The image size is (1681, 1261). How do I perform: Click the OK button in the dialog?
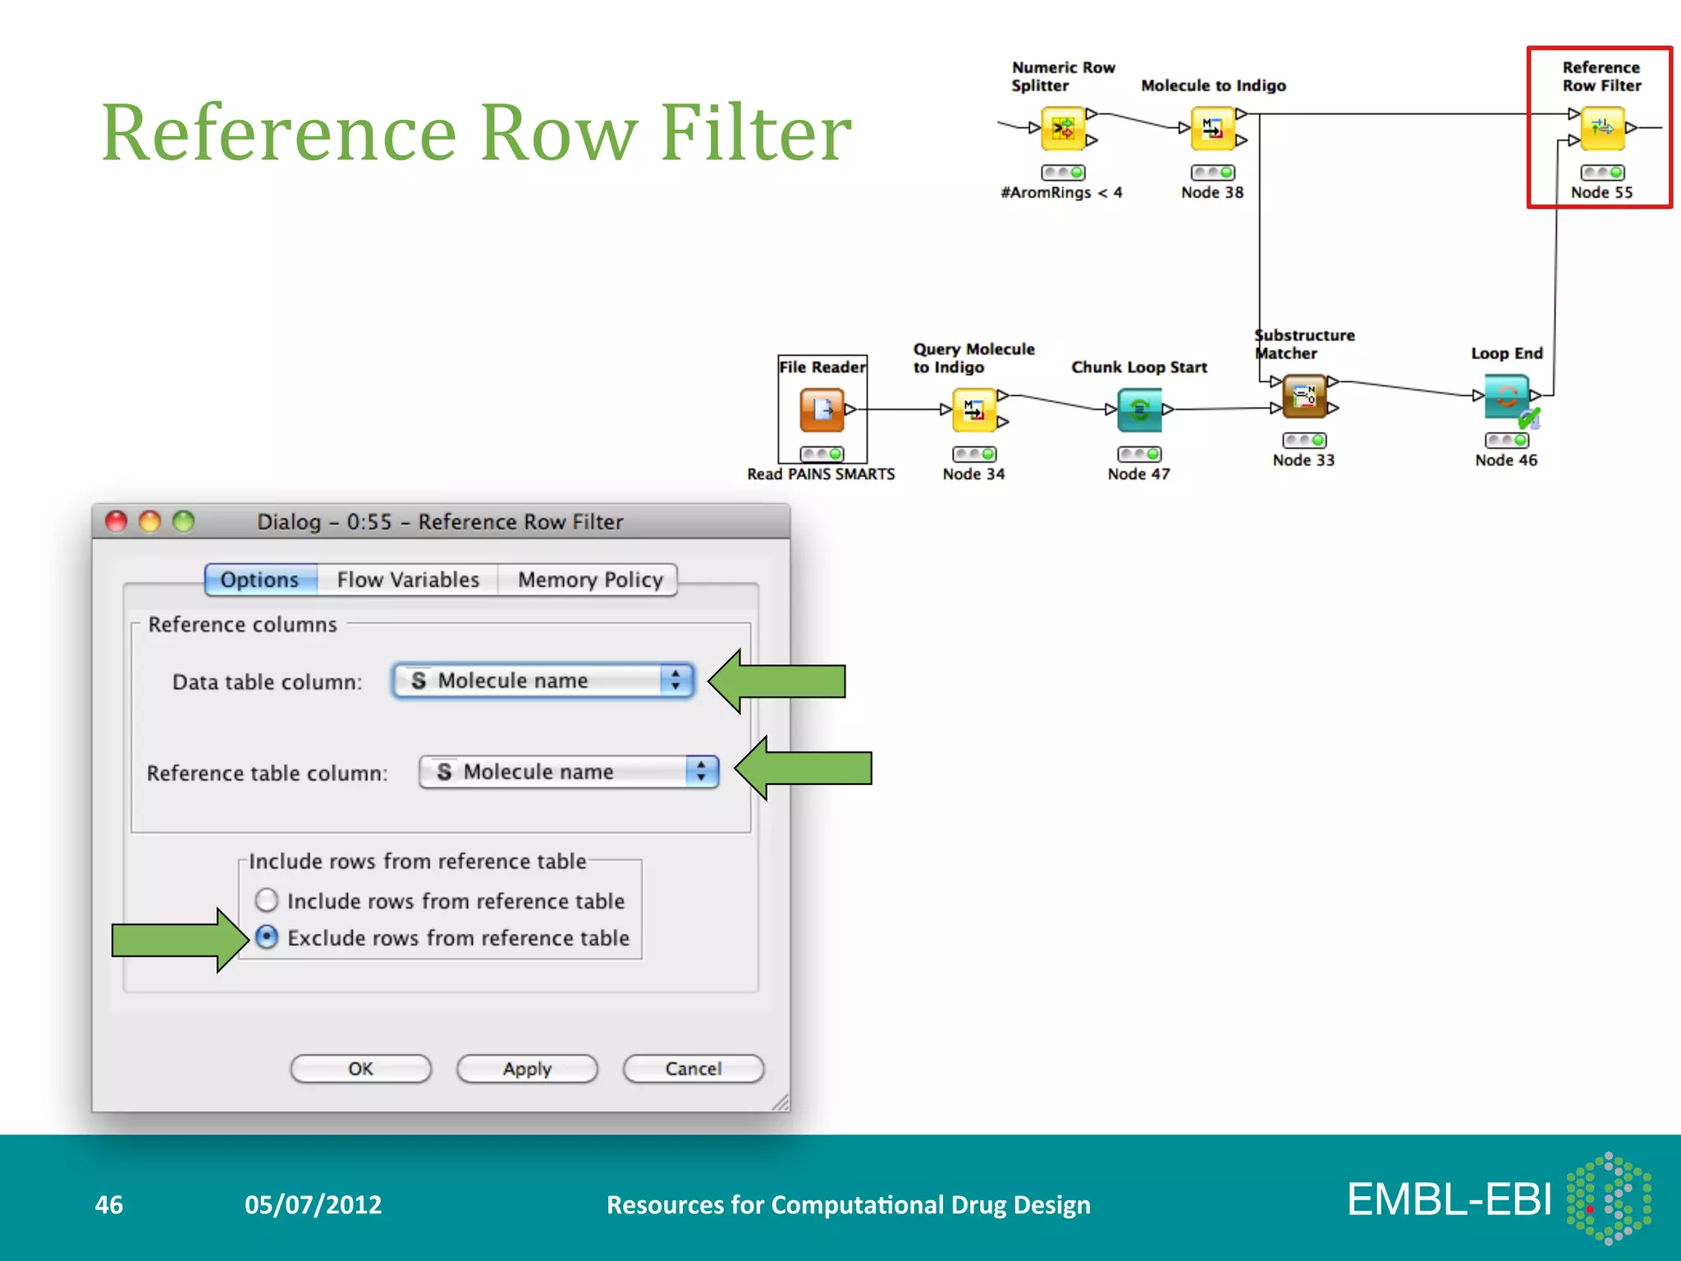click(x=360, y=1069)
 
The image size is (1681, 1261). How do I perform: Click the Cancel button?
click(x=694, y=1069)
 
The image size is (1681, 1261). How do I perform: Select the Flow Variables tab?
click(x=408, y=580)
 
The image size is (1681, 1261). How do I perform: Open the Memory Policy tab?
click(x=589, y=580)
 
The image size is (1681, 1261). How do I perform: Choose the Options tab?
click(x=260, y=580)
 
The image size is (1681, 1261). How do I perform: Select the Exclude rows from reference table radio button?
click(x=267, y=938)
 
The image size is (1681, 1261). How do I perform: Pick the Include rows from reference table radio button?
click(x=267, y=901)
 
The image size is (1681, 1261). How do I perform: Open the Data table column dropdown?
click(x=543, y=681)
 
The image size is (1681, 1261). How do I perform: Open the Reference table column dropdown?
click(x=569, y=772)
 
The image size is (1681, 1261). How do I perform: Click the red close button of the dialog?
click(x=117, y=521)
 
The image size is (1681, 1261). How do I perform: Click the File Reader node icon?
click(x=822, y=409)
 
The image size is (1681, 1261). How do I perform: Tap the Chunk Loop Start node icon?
click(x=1139, y=409)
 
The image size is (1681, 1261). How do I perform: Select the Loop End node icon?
click(x=1506, y=396)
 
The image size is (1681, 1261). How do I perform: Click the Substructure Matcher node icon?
click(x=1303, y=396)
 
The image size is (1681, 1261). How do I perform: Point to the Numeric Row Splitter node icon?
click(x=1063, y=128)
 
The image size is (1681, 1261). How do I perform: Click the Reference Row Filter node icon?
click(x=1602, y=128)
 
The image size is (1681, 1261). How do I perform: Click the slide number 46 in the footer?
click(x=109, y=1204)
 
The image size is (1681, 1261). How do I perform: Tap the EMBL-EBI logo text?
click(x=1450, y=1199)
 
